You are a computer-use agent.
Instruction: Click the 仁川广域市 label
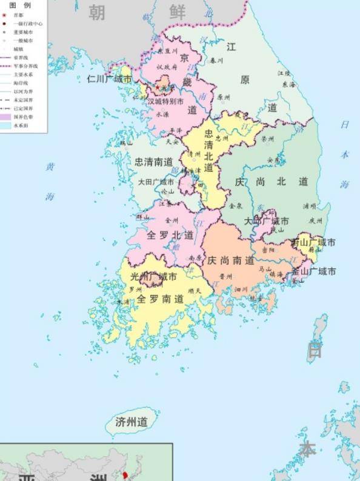coord(109,79)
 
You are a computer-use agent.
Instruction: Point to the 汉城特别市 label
coord(165,102)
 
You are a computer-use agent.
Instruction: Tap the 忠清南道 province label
coord(154,162)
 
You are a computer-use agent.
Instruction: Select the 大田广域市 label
coord(156,182)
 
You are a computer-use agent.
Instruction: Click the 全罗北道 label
coord(170,235)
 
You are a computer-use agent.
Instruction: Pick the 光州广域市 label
coord(153,277)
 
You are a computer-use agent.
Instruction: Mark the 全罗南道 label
coord(159,299)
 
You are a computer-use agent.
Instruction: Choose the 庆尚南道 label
coord(230,260)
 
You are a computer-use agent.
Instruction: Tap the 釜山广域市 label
coord(313,271)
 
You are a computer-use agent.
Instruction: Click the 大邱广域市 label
coord(266,221)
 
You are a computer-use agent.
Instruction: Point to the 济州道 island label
coord(131,422)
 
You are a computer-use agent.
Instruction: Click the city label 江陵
coord(284,73)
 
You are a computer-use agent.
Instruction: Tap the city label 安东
coord(274,161)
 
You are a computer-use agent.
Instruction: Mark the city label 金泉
coord(236,205)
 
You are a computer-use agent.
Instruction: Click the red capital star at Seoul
coord(158,88)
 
